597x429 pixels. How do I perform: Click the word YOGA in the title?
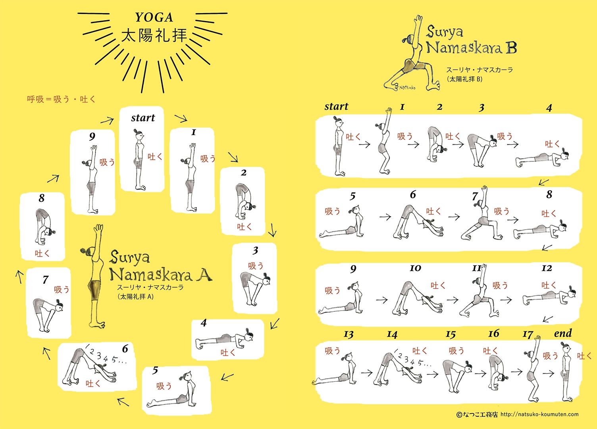click(154, 17)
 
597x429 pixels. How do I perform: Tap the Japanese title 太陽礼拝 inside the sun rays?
click(154, 35)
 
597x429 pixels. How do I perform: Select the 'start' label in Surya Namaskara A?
click(143, 118)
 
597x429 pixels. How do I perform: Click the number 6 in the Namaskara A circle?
click(125, 348)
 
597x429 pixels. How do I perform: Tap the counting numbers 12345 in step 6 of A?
click(106, 355)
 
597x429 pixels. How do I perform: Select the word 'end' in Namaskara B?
click(562, 333)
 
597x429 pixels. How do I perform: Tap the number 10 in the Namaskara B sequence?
click(415, 268)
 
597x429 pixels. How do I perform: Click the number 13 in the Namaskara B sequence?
click(349, 334)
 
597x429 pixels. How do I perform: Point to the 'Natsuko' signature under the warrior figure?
click(407, 87)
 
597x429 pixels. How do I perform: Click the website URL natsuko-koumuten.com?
click(539, 414)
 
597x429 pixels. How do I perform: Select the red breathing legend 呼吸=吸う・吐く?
click(61, 99)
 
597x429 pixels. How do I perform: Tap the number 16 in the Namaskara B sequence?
click(493, 333)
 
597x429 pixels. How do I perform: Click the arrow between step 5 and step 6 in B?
click(385, 217)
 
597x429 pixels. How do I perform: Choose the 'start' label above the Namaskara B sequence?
click(336, 106)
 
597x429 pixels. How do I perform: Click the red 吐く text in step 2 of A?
click(245, 227)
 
